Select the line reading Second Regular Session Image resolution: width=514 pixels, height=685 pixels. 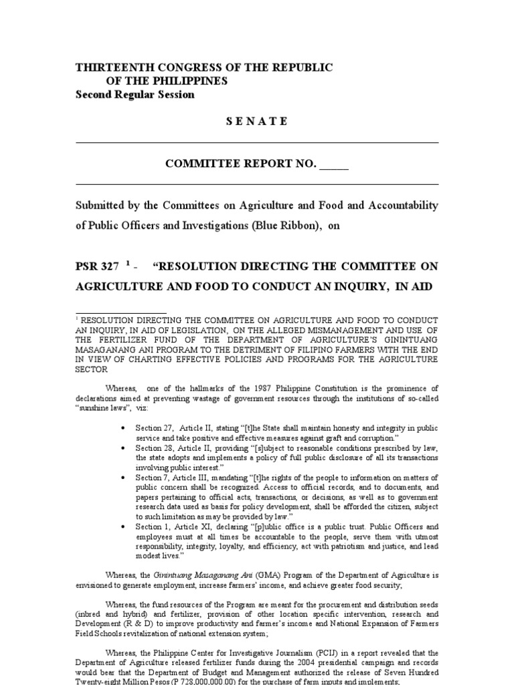(135, 94)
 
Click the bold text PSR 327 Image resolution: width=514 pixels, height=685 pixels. (98, 266)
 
